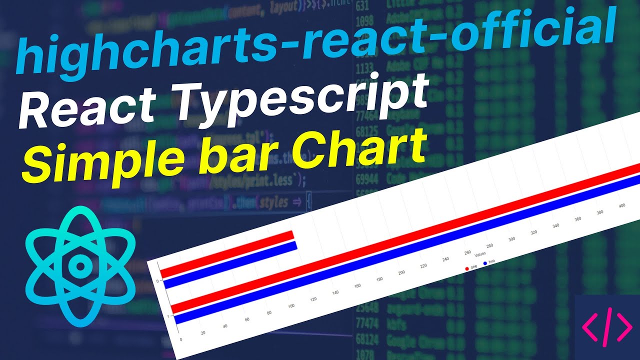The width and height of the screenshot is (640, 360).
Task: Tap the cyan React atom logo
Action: [77, 265]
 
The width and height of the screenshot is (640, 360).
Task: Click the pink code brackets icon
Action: [607, 328]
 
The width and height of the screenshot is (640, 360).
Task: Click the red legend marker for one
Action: [467, 268]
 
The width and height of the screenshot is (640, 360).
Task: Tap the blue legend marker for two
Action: [484, 263]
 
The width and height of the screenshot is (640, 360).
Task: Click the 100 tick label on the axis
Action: [291, 305]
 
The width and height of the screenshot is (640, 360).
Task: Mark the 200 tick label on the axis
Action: [401, 272]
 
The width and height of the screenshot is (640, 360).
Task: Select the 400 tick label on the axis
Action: [622, 206]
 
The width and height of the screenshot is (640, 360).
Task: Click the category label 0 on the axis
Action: [157, 281]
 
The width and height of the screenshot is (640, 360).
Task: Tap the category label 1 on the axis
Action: [168, 316]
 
